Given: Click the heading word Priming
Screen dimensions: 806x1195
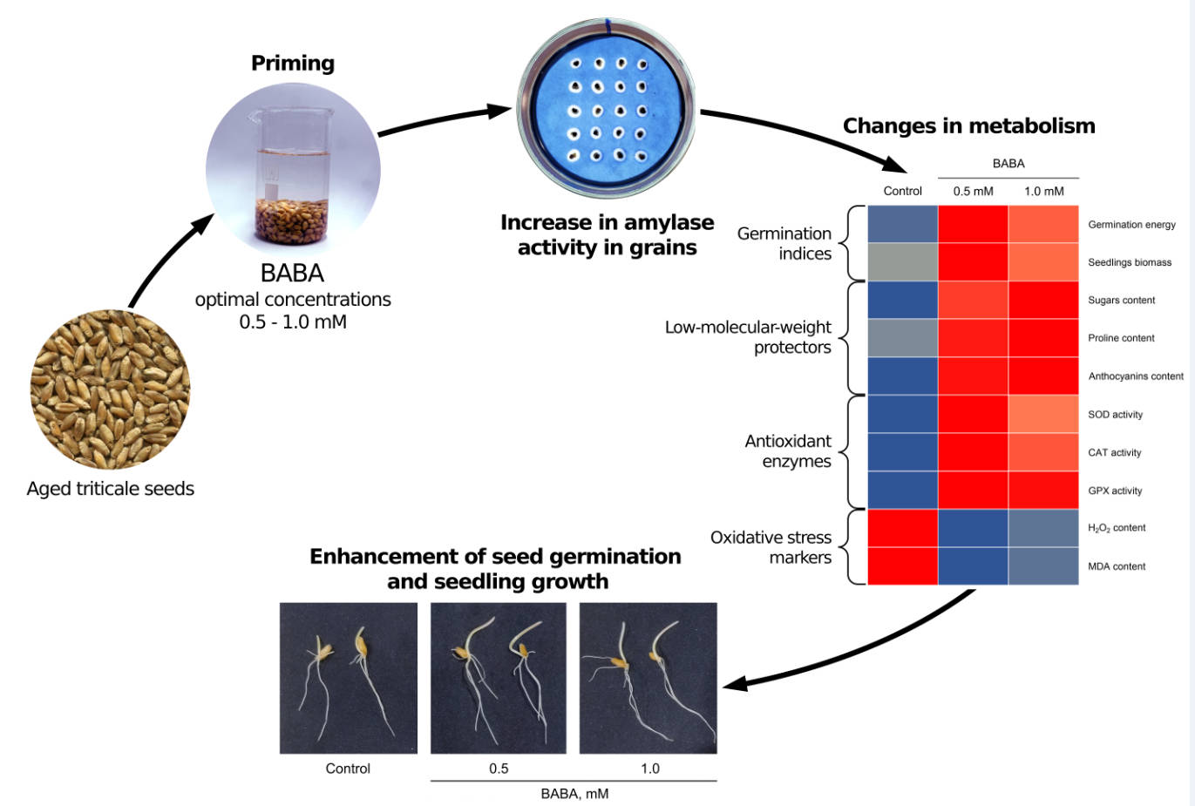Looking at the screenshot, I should coord(293,64).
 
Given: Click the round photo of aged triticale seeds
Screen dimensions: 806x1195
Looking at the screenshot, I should coord(111,389).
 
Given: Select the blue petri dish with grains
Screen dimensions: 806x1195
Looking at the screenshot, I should coord(607,111).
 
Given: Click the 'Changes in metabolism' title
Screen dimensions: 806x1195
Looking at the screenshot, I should coord(968,126).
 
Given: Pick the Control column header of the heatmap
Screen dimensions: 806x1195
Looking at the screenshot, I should coord(902,191).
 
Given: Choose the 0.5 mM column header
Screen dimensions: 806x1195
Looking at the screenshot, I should coord(973,191).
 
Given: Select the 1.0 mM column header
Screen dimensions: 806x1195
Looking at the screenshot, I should coord(1043,191).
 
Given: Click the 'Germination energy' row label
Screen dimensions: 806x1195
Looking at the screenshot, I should coord(1131,225).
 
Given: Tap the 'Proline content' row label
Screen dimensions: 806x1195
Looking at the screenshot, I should coord(1121,338).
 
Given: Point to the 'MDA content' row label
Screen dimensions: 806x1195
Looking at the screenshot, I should coord(1117,566).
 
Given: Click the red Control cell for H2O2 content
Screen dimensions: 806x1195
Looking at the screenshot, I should coord(902,528).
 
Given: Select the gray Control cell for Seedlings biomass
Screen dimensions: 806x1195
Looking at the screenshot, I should coord(902,262).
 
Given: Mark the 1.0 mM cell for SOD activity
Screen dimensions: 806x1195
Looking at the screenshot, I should coord(1043,415).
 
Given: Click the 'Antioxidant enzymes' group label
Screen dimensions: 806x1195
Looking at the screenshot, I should coord(788,451).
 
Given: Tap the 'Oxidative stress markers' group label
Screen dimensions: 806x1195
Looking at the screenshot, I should coord(771,547).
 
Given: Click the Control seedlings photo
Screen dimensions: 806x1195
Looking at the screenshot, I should coord(348,678).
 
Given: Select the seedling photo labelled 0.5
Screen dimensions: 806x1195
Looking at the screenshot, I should coord(499,678).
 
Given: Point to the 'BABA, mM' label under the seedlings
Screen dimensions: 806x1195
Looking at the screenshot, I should coord(574,794).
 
